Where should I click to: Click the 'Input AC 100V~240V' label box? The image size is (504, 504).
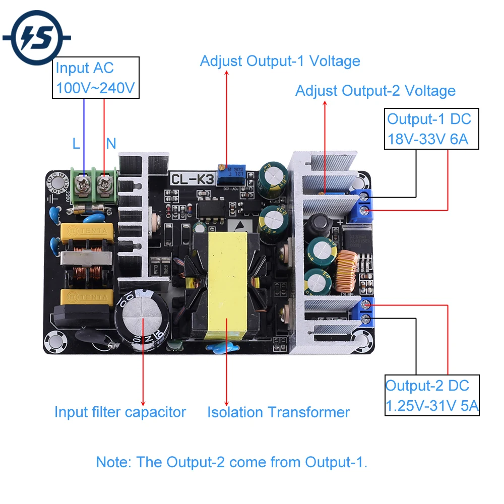[95, 78]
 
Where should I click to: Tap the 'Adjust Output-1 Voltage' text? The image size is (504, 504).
[280, 61]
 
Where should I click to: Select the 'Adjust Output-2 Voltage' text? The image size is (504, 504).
[375, 91]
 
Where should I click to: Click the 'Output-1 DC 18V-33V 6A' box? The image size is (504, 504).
[431, 129]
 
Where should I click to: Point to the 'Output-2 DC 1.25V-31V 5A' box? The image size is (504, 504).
[431, 395]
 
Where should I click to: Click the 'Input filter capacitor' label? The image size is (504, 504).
[120, 412]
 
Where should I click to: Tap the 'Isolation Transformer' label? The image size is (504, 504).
[278, 412]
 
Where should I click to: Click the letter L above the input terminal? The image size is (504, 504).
[76, 144]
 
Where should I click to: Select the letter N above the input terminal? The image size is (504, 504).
[111, 144]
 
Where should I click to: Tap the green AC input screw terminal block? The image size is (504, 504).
[94, 185]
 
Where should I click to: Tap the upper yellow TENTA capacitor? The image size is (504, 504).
[84, 232]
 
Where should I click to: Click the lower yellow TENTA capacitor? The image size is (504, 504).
[84, 297]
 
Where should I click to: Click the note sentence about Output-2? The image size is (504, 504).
[231, 462]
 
